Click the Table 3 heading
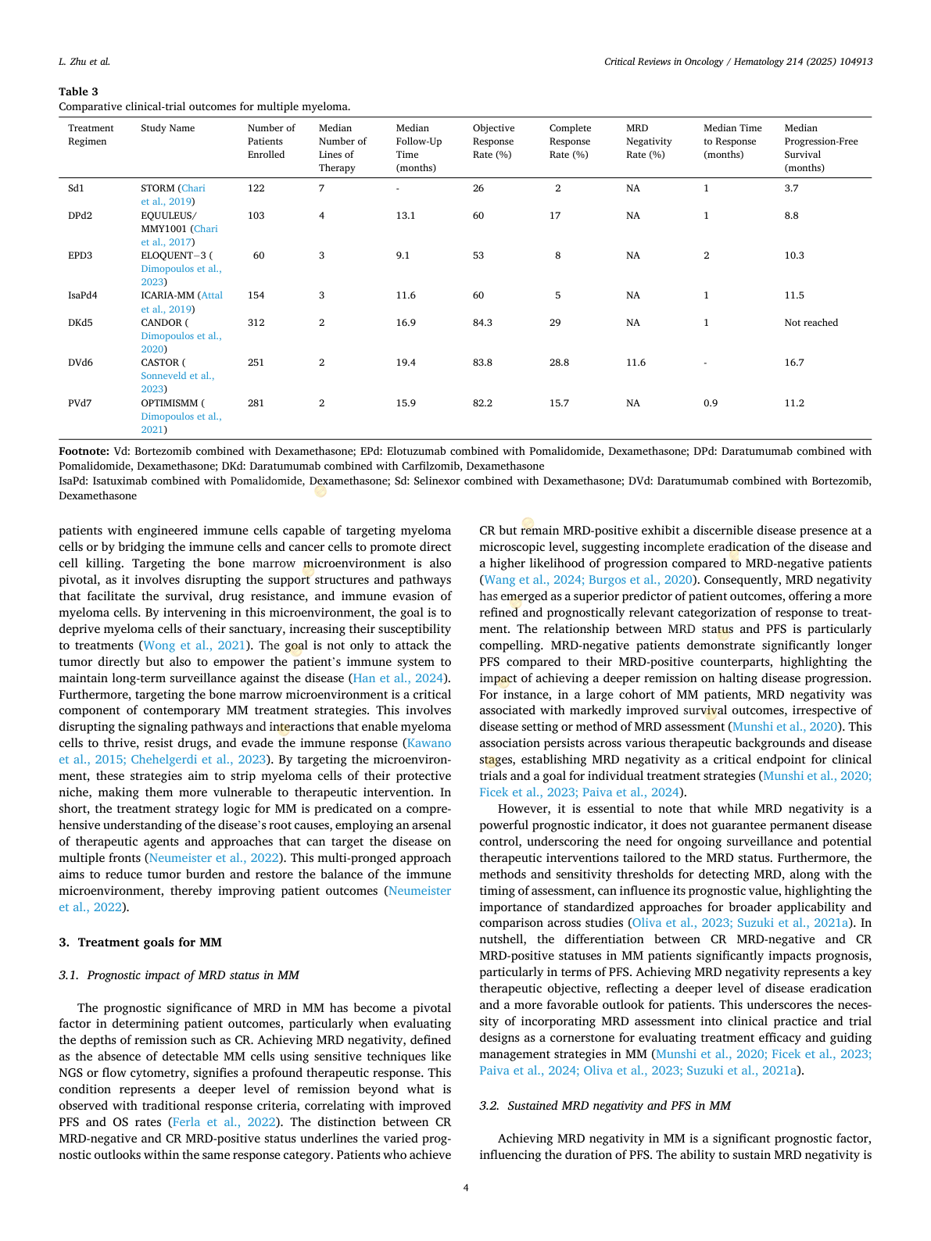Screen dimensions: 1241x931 tap(78, 91)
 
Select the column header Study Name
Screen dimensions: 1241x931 tap(167, 128)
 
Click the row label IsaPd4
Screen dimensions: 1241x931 tap(82, 295)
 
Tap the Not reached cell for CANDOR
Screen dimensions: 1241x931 tap(811, 323)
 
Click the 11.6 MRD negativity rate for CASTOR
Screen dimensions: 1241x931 tap(636, 363)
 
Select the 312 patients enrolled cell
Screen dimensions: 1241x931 tap(256, 323)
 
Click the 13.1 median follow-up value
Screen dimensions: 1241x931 tap(405, 216)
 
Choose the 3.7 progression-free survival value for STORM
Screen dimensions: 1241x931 tap(791, 188)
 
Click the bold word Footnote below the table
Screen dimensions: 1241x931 tap(84, 451)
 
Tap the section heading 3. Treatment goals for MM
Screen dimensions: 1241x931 tap(141, 942)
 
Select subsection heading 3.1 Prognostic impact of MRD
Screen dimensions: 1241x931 tap(179, 975)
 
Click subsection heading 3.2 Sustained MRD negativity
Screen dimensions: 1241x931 tap(605, 1106)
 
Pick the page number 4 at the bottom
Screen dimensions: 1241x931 tap(466, 1188)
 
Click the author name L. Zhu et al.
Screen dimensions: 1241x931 tap(84, 62)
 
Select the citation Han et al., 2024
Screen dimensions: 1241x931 tap(398, 678)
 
